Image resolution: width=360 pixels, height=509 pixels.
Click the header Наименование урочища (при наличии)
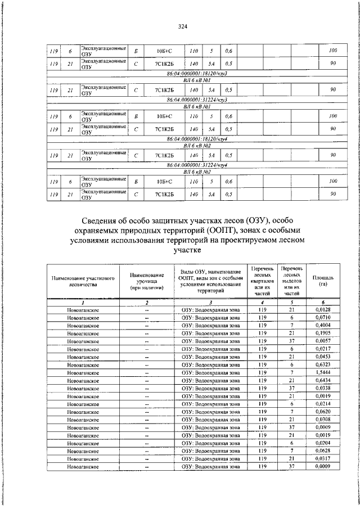[x=147, y=281]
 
